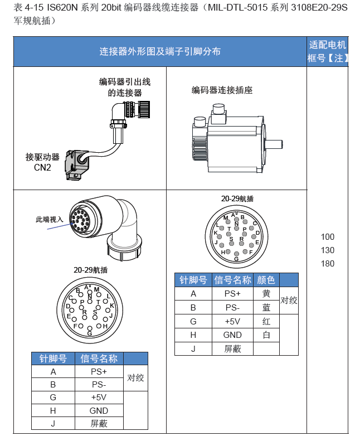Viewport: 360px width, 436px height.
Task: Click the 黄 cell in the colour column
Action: (x=266, y=293)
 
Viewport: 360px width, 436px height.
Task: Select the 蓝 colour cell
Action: (x=266, y=307)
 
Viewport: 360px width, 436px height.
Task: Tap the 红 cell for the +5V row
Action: (x=266, y=321)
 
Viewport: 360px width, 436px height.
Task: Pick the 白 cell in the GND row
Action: (x=266, y=335)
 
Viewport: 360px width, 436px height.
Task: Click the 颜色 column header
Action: (x=266, y=279)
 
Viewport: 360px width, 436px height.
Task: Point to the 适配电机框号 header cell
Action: (x=327, y=51)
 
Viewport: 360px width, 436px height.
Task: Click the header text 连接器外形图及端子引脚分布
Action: (x=160, y=52)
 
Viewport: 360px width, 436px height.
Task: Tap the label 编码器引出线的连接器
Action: (x=125, y=88)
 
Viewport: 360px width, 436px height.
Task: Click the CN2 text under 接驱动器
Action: (x=42, y=167)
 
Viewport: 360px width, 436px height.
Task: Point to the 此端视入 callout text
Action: (x=50, y=220)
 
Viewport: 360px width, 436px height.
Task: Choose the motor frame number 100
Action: (x=328, y=237)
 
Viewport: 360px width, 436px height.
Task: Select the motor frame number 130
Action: (x=328, y=250)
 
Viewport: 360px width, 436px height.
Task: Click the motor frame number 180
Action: (x=328, y=264)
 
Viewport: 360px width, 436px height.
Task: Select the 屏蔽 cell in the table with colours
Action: (x=232, y=349)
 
